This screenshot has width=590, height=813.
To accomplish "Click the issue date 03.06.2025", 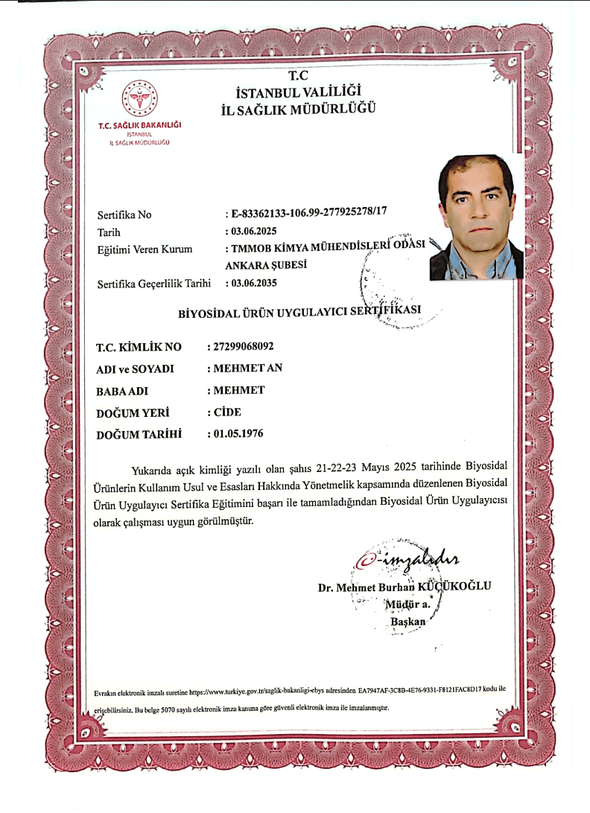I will coord(256,232).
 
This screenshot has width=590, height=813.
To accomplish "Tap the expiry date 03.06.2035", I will coord(256,283).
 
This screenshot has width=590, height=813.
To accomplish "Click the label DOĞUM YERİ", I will coord(133,412).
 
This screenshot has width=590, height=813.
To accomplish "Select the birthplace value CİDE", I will coord(227,412).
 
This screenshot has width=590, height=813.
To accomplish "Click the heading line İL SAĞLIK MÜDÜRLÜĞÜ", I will coord(299,109).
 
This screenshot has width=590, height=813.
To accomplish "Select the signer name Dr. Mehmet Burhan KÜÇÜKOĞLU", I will coord(405,586).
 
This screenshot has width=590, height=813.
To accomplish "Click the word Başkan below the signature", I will coord(407,621).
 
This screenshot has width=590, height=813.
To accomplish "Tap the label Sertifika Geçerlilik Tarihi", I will coord(154,284).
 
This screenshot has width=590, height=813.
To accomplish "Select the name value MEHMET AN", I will coord(247,369).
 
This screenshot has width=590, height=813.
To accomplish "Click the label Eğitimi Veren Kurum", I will coord(145,249).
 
